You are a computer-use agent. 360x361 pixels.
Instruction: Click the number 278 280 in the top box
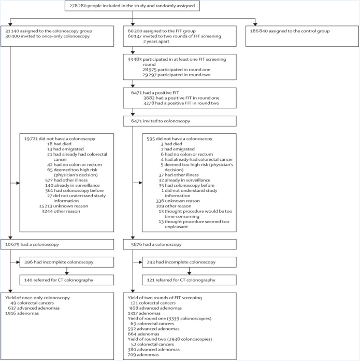pos(78,6)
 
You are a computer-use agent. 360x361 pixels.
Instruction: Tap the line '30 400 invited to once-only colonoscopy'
pos(47,36)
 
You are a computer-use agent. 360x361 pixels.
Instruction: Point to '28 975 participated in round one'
pos(176,70)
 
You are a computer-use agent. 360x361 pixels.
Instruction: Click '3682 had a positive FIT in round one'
pos(181,98)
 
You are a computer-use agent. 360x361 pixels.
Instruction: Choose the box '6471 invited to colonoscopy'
pos(180,121)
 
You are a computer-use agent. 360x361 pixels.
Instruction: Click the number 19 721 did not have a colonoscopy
pos(31,138)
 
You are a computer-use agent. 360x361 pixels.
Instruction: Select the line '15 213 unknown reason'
pos(63,206)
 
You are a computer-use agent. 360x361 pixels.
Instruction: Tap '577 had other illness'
pos(66,180)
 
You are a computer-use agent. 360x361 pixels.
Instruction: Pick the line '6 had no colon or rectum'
pos(186,154)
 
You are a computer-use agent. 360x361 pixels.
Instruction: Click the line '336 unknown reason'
pos(178,201)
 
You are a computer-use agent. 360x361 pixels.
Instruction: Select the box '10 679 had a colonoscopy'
pos(57,244)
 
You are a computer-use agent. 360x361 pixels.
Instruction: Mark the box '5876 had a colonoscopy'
pos(180,244)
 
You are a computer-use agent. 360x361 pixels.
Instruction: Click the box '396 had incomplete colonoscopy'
pos(67,262)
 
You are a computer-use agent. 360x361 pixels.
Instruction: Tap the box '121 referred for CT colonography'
pos(189,280)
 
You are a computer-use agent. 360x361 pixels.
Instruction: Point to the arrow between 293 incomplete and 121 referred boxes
pos(189,271)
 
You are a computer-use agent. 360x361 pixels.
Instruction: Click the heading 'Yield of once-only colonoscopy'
pos(37,298)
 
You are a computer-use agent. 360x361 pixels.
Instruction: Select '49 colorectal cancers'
pos(32,303)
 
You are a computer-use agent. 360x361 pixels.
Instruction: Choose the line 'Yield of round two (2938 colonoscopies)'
pos(170,339)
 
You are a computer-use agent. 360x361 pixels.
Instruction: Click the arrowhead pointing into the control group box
pos(255,24)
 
